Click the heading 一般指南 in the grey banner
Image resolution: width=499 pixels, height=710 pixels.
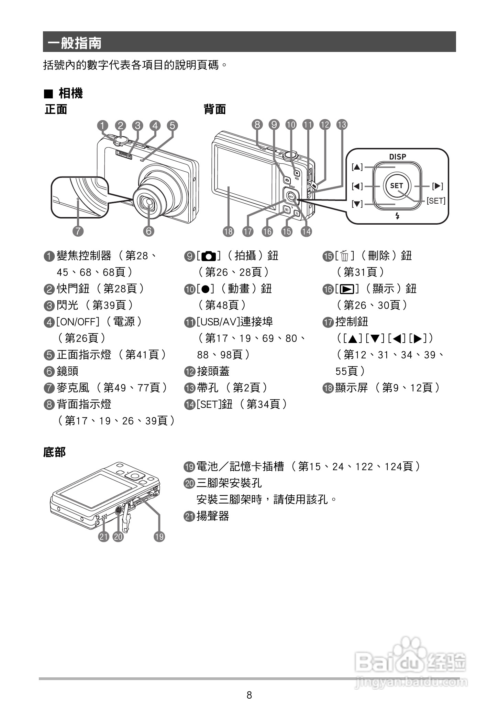click(x=75, y=43)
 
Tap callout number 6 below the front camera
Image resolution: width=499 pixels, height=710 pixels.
click(x=148, y=231)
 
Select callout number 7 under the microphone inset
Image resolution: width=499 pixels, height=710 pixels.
click(x=78, y=231)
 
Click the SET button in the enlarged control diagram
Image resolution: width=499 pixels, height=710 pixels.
click(x=396, y=186)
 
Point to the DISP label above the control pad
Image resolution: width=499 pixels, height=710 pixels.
click(x=397, y=157)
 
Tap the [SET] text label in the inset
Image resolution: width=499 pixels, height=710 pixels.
click(x=436, y=201)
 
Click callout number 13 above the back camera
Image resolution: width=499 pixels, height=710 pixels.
click(x=342, y=125)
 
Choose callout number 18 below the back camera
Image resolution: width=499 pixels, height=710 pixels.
click(x=228, y=232)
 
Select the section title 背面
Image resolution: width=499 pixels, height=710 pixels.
click(x=215, y=109)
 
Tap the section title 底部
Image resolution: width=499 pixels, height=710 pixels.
click(x=54, y=452)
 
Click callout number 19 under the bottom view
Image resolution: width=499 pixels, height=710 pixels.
click(x=159, y=536)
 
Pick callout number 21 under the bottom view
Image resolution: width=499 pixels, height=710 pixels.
click(x=103, y=536)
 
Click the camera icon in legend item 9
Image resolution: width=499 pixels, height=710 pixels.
click(x=209, y=256)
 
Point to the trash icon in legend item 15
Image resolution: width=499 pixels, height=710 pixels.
click(x=345, y=256)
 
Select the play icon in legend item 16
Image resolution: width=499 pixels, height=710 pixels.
click(x=347, y=289)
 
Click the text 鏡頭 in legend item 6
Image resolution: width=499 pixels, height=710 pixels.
click(x=68, y=371)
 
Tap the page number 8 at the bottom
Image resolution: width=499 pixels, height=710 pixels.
click(x=249, y=695)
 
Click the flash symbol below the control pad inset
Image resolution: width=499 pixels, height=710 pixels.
click(x=397, y=216)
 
